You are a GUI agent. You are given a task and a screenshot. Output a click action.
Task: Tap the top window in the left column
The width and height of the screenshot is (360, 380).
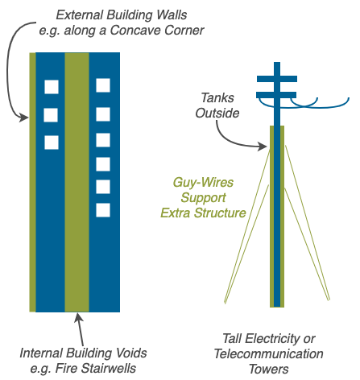[52, 87]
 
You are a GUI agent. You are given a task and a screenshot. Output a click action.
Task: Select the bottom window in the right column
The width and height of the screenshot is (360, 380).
[103, 210]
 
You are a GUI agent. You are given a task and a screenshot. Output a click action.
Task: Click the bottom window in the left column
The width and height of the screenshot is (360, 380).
[52, 142]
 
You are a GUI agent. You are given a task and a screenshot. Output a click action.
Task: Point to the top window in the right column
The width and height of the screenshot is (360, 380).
[103, 85]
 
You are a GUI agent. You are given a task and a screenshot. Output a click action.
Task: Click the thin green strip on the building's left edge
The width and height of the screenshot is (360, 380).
[32, 182]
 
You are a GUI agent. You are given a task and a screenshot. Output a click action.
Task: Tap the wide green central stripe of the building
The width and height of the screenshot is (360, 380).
[77, 182]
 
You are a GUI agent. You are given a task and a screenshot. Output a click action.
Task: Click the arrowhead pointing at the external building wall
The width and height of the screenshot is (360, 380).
[24, 118]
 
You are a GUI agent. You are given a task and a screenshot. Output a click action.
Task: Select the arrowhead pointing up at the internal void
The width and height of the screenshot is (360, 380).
[78, 318]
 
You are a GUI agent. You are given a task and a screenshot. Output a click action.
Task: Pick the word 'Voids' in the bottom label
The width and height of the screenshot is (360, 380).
[131, 353]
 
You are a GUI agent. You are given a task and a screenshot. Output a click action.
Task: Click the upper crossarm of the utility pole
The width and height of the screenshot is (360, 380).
[277, 79]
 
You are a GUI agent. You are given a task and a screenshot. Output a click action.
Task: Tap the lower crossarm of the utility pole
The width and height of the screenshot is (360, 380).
[276, 95]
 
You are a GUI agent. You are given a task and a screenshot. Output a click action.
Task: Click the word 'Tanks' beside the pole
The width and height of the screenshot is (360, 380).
[217, 97]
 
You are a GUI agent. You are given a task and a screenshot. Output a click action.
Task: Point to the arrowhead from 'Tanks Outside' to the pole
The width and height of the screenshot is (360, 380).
[263, 147]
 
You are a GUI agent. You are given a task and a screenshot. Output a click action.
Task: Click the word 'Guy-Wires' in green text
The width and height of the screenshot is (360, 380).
[203, 183]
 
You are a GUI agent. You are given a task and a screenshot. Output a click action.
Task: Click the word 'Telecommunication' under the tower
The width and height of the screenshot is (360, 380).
[269, 353]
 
